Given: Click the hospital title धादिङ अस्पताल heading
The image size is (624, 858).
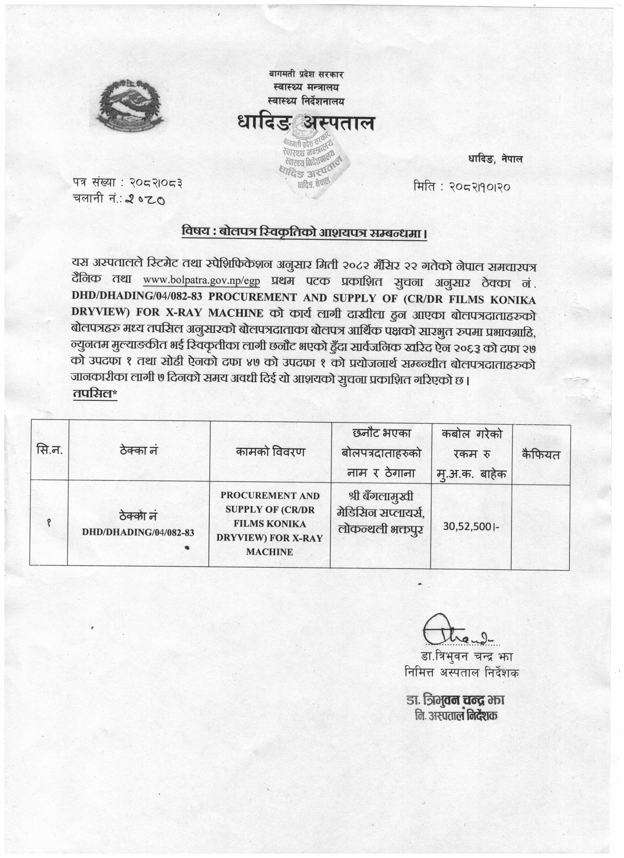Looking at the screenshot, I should [306, 123].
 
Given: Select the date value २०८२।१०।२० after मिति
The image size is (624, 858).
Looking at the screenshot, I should [480, 187].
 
